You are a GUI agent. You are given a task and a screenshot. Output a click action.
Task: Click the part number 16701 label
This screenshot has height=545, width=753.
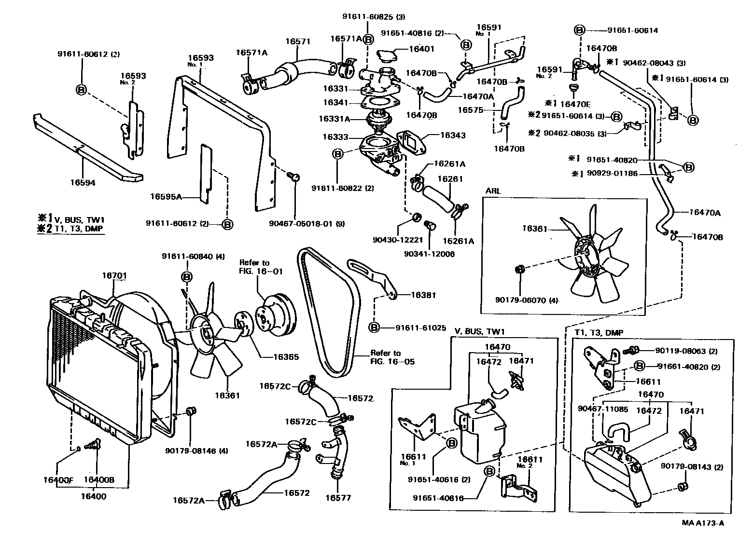click(114, 276)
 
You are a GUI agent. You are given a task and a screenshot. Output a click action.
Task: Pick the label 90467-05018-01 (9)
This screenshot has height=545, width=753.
click(307, 224)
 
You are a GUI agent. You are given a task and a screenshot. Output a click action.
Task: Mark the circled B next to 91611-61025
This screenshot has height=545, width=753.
click(375, 327)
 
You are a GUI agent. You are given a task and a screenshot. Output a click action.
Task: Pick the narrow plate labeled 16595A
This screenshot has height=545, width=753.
click(206, 171)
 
